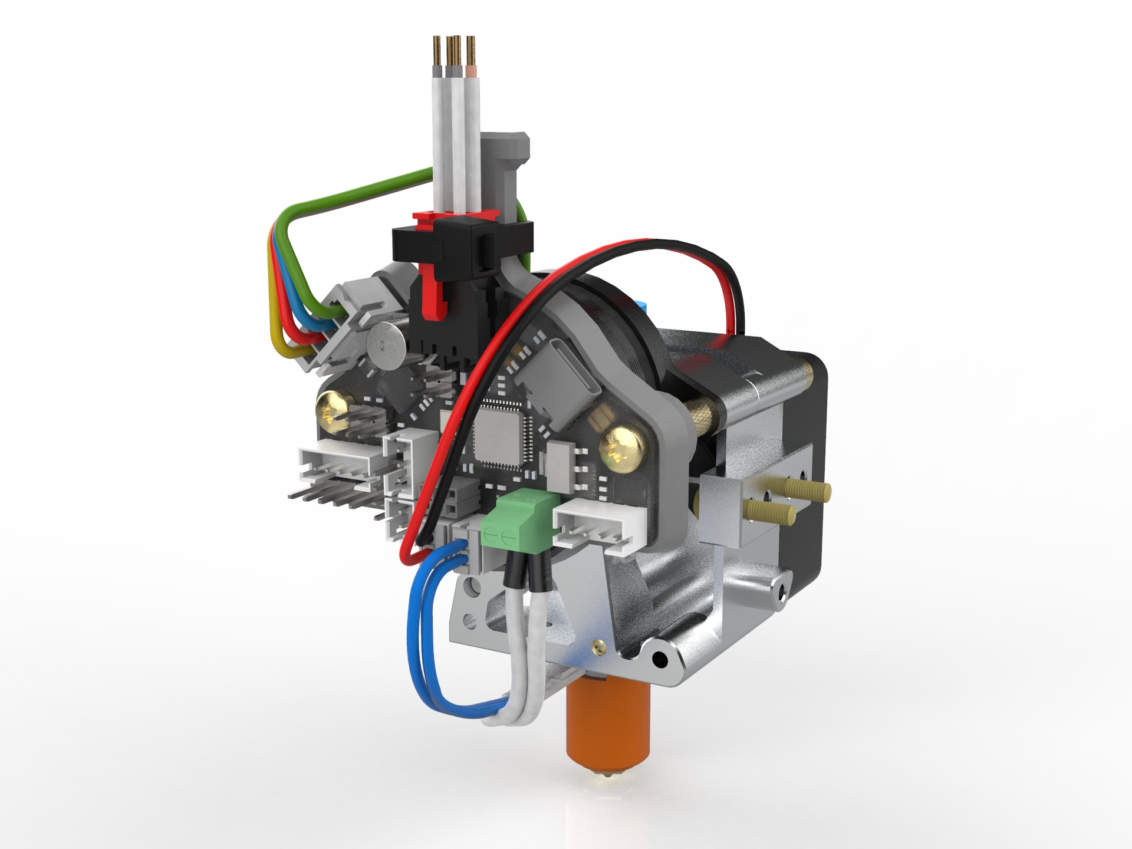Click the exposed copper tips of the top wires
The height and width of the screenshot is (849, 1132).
pos(454,51)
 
